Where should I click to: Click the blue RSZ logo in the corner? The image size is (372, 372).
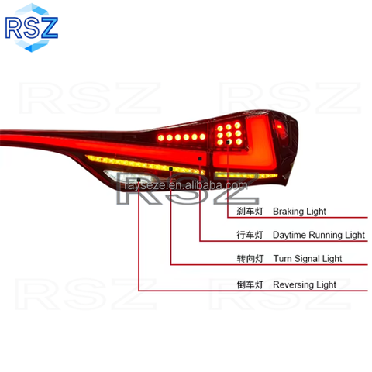32,28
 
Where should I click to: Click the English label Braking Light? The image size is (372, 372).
299,212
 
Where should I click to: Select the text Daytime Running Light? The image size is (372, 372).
319,235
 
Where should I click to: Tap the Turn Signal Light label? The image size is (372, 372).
308,259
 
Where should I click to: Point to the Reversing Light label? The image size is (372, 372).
305,284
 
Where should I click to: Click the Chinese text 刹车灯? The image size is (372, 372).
250,212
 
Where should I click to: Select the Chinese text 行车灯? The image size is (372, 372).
250,235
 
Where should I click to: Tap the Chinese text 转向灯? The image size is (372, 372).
250,259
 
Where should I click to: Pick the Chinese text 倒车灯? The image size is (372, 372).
250,284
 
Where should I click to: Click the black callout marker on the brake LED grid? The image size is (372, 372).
228,142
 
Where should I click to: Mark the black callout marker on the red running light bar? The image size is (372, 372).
200,159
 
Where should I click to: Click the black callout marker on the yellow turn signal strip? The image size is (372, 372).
170,169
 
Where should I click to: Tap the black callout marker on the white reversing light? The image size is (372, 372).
139,180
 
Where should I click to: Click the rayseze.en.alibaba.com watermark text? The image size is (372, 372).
186,185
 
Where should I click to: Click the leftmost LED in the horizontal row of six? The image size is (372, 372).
161,138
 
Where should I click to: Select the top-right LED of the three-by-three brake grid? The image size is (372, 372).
237,126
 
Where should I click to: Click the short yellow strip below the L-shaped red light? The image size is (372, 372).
246,175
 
